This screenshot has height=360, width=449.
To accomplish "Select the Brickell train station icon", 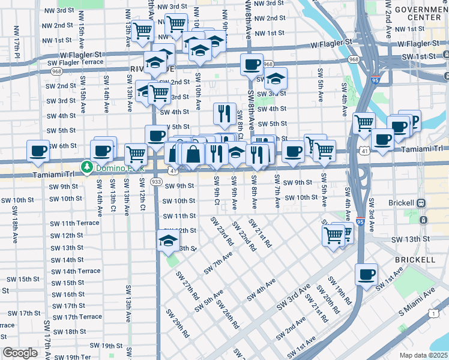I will (x=421, y=203).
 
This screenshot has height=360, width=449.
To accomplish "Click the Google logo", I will (x=20, y=353).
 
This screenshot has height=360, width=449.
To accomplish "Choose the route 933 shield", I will (x=156, y=181).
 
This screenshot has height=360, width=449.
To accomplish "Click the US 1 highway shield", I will (x=433, y=313).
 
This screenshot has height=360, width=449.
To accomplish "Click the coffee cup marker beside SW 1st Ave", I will (x=366, y=274).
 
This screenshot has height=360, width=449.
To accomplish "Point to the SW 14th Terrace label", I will (x=76, y=271).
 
